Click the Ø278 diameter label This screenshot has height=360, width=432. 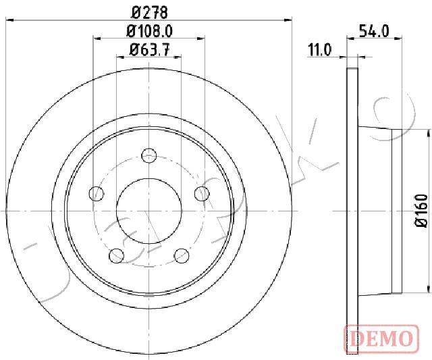tap(150, 13)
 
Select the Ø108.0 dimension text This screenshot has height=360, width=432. tap(150, 31)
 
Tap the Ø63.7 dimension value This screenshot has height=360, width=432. tap(149, 50)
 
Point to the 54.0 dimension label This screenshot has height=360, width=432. tap(374, 31)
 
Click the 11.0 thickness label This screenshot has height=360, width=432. tap(320, 50)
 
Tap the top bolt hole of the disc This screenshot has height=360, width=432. tap(149, 155)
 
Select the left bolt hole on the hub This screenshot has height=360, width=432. tap(97, 193)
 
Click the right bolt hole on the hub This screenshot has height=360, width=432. tap(202, 193)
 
